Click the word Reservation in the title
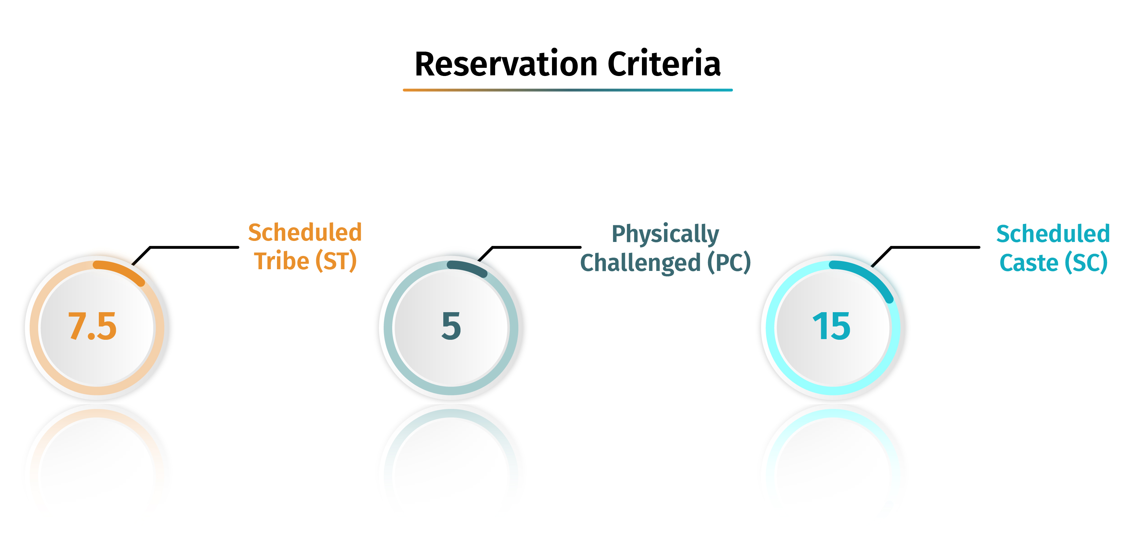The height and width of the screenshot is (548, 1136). pyautogui.click(x=506, y=64)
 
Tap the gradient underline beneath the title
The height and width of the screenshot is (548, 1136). pyautogui.click(x=568, y=90)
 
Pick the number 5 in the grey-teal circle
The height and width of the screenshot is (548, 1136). pyautogui.click(x=451, y=326)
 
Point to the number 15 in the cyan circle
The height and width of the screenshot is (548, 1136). pyautogui.click(x=832, y=326)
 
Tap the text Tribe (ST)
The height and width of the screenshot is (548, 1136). pyautogui.click(x=305, y=261)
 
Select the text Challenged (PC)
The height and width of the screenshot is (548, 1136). pyautogui.click(x=665, y=263)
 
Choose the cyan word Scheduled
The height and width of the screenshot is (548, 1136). pyautogui.click(x=1053, y=233)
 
